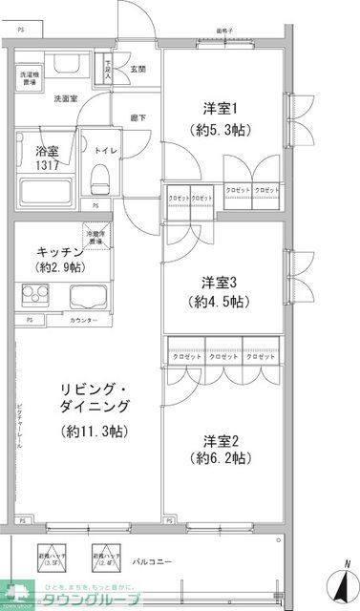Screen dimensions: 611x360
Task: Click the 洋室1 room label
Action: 219,106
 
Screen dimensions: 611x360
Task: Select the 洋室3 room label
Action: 220,283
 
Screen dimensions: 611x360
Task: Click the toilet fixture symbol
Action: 100,176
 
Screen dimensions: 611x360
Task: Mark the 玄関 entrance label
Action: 138,69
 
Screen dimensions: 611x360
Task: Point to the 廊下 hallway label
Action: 138,117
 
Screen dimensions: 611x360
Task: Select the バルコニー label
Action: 153,561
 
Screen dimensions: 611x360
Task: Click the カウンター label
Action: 83,319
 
